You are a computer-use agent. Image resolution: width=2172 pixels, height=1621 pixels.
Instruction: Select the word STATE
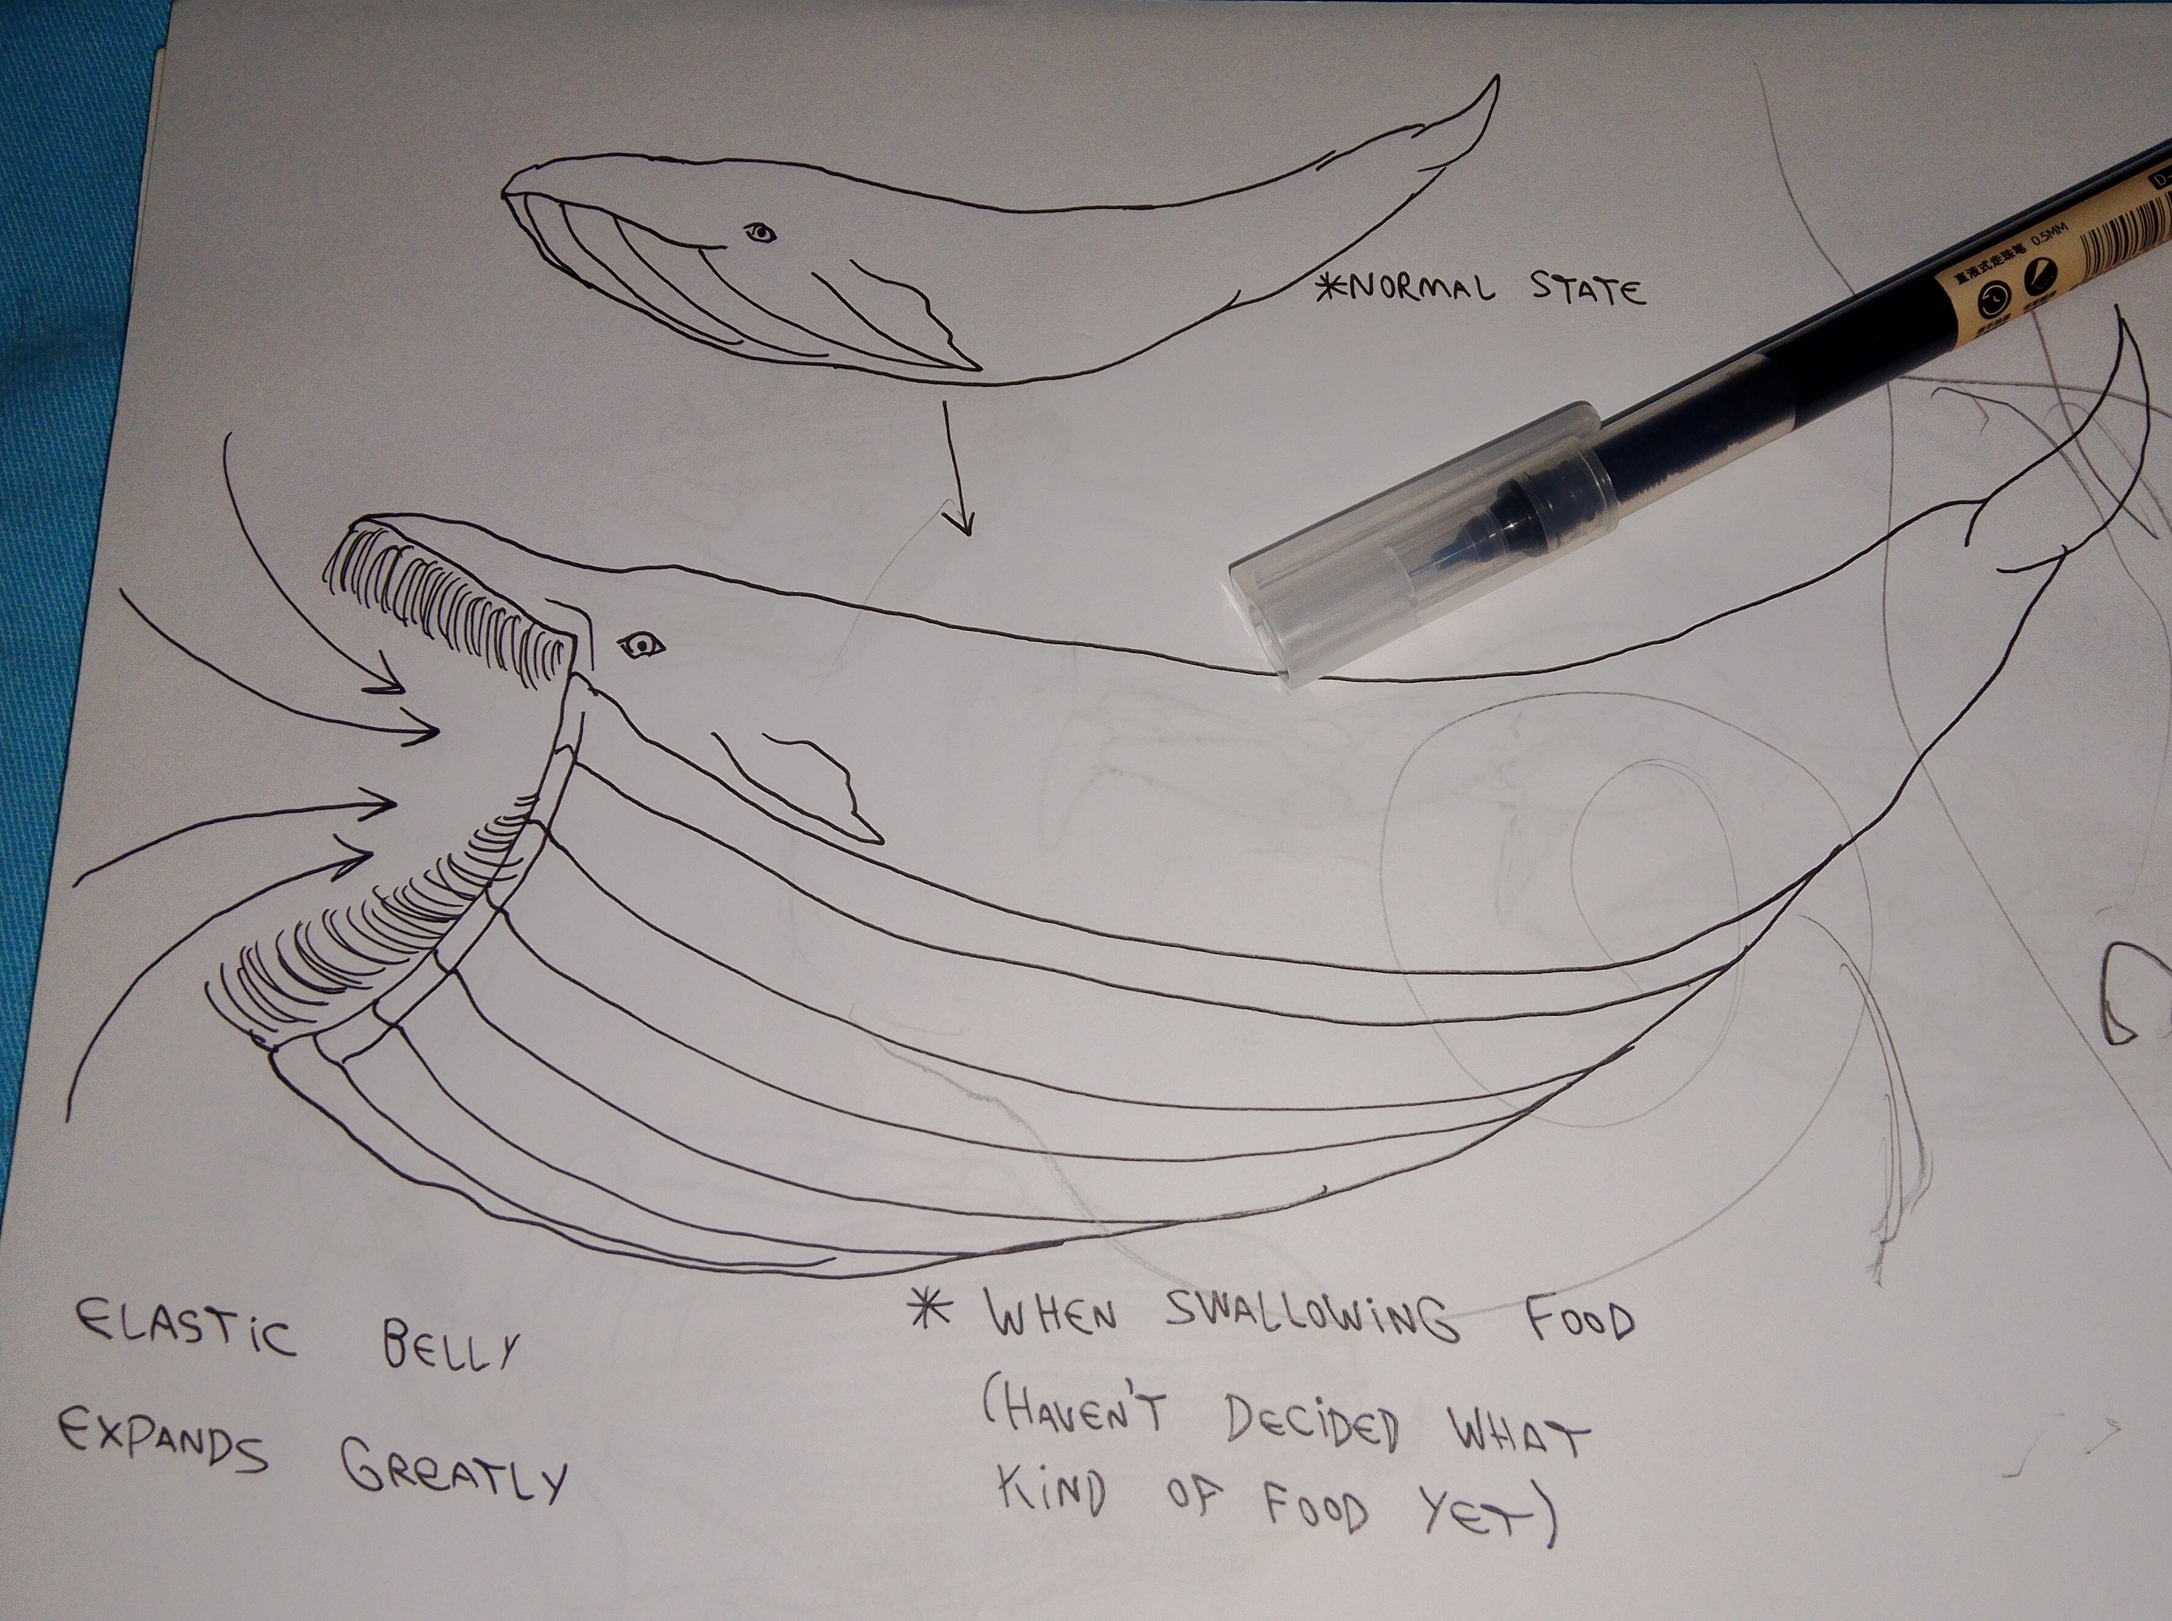pos(1594,291)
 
